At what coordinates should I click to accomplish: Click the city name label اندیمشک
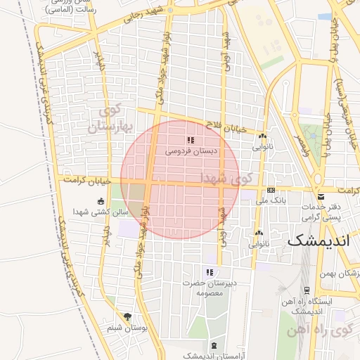(x=316, y=240)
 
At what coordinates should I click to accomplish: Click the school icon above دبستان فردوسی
(x=191, y=141)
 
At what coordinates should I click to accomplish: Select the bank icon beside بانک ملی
(x=271, y=191)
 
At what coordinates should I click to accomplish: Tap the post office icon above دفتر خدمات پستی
(x=321, y=195)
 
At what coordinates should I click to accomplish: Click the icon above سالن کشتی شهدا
(x=101, y=201)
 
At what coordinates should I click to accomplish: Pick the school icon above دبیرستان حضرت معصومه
(x=209, y=272)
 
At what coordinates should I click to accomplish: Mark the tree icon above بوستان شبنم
(x=127, y=317)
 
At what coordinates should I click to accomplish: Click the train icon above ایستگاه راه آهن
(x=307, y=290)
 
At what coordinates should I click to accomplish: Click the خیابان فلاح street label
(x=226, y=127)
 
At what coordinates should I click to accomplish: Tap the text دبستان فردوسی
(x=191, y=151)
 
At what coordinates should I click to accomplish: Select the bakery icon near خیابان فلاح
(x=263, y=136)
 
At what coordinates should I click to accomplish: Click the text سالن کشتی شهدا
(x=102, y=212)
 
